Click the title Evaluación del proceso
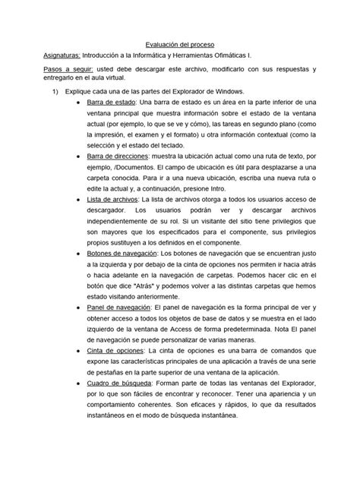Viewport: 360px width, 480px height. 179,45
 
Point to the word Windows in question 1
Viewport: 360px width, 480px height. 221,91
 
